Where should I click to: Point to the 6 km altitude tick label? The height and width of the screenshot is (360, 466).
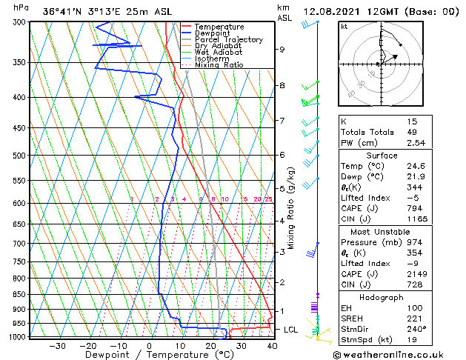282,155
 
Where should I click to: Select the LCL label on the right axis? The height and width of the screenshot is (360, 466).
290,329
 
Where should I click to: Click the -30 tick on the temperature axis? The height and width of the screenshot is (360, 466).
57,345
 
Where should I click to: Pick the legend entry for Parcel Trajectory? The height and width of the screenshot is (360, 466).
228,40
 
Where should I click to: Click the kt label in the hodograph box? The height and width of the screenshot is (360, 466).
344,27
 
